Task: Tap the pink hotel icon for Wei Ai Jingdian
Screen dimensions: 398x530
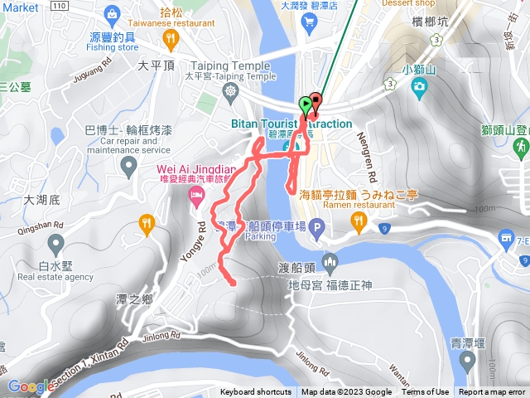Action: coord(195,196)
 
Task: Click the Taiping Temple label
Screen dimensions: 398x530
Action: coord(229,66)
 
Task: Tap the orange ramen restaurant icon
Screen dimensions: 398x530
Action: coord(359,220)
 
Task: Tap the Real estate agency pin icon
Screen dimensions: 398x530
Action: coord(55,245)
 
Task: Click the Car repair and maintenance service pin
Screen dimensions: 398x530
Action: coord(128,167)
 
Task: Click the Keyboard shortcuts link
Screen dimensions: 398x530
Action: coord(256,392)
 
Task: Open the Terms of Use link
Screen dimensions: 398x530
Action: coord(426,392)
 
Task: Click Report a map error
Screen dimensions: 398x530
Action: coord(492,392)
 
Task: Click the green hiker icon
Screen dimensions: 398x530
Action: coord(521,148)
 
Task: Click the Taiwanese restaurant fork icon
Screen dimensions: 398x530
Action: coord(170,38)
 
